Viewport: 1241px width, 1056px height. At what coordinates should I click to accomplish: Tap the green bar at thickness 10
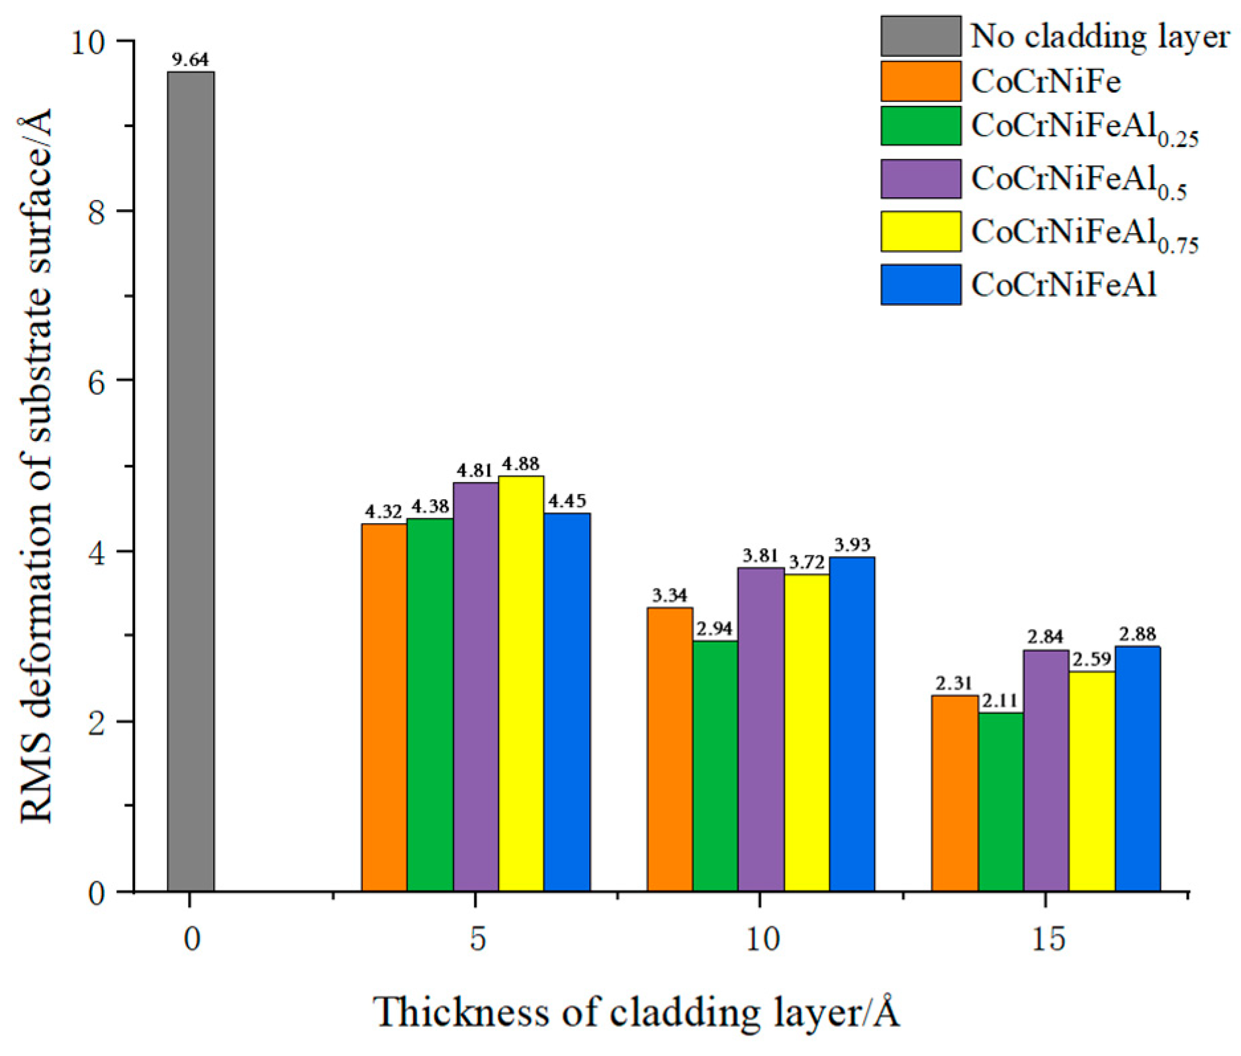pos(715,765)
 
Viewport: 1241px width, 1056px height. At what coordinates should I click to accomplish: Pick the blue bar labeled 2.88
pos(1138,769)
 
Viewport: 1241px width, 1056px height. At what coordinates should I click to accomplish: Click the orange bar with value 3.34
pos(670,749)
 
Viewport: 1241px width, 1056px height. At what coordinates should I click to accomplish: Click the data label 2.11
pos(1001,701)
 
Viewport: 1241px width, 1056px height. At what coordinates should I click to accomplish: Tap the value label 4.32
pos(384,511)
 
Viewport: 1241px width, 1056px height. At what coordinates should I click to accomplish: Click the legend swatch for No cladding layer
pos(920,36)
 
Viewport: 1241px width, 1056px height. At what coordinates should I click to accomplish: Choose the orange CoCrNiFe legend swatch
pos(920,81)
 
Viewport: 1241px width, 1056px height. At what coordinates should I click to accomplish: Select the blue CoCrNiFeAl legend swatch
pos(920,285)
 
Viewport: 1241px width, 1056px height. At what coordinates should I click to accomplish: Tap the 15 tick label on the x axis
pos(1047,939)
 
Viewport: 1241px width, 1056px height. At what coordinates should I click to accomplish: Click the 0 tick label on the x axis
pos(191,939)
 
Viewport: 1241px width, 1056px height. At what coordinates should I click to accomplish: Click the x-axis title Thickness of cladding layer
pos(636,1013)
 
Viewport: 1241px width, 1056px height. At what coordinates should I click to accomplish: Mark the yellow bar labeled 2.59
pos(1092,781)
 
